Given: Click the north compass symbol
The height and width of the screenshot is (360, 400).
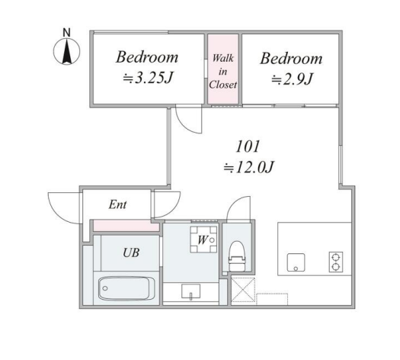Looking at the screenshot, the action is [66, 51].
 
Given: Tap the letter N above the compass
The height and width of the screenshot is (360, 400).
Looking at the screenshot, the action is [66, 33].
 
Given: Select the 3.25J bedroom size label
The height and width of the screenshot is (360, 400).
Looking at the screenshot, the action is [148, 78].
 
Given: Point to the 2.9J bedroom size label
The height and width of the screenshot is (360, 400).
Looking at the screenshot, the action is [292, 79].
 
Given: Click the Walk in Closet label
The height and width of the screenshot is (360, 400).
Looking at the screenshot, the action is [223, 72].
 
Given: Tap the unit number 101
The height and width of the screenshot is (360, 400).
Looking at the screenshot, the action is [248, 146].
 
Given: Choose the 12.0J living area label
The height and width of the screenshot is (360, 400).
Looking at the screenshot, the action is [248, 168].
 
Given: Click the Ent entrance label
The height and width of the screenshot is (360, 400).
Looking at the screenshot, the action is [117, 204].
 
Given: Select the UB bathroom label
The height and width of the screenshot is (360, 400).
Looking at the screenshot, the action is [131, 252].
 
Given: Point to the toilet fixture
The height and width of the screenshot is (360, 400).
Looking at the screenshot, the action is [237, 256].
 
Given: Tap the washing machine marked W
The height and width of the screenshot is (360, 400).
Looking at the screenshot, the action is [203, 239].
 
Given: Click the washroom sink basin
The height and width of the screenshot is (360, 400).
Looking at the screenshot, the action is [190, 291].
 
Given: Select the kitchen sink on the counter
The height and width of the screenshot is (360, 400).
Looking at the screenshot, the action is [296, 262].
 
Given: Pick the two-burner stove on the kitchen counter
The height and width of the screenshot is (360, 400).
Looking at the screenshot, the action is [336, 262].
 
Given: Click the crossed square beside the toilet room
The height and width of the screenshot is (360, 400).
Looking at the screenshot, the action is [243, 290].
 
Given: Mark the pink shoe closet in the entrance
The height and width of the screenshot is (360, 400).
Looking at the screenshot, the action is [126, 226].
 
